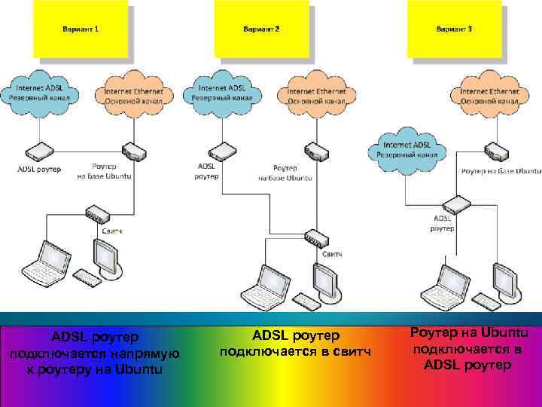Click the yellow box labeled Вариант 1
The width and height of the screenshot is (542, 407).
(x=79, y=29)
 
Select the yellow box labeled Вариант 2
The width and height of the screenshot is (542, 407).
(x=260, y=29)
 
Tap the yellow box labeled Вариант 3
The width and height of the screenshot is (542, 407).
(x=454, y=29)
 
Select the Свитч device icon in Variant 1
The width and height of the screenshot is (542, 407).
(x=97, y=213)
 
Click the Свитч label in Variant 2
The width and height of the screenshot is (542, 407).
(x=332, y=254)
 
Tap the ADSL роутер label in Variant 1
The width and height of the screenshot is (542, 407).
(x=39, y=169)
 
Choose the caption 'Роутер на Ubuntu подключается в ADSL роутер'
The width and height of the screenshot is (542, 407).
(x=468, y=349)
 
